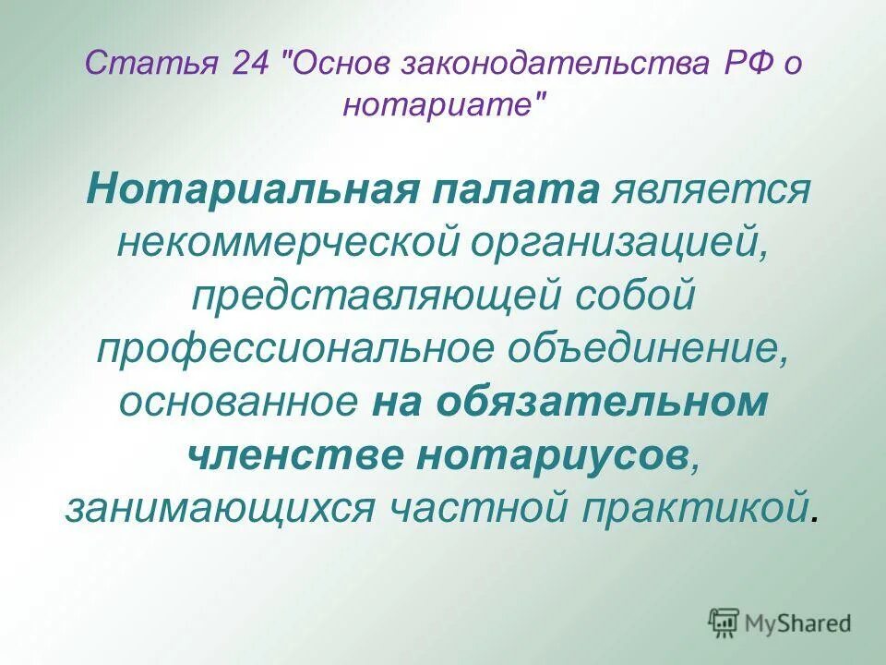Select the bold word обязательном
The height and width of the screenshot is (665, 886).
pyautogui.click(x=602, y=403)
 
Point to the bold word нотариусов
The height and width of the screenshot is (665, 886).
pyautogui.click(x=552, y=455)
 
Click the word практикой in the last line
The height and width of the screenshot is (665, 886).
pyautogui.click(x=712, y=508)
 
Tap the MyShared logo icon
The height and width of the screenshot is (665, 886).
pyautogui.click(x=724, y=623)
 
